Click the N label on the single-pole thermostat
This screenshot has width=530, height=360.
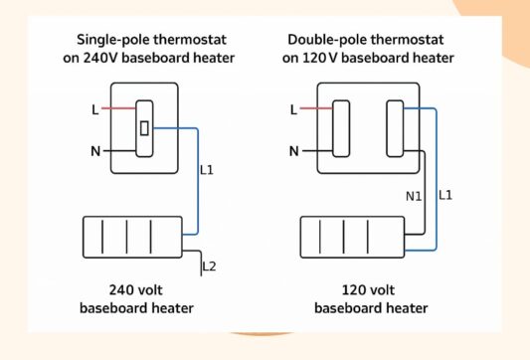coord(95,151)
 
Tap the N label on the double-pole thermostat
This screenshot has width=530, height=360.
coord(293,151)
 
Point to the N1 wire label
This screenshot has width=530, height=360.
coord(413,197)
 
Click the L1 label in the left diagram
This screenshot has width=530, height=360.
coord(207,171)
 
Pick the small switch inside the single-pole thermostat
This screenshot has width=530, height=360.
coord(144,127)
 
